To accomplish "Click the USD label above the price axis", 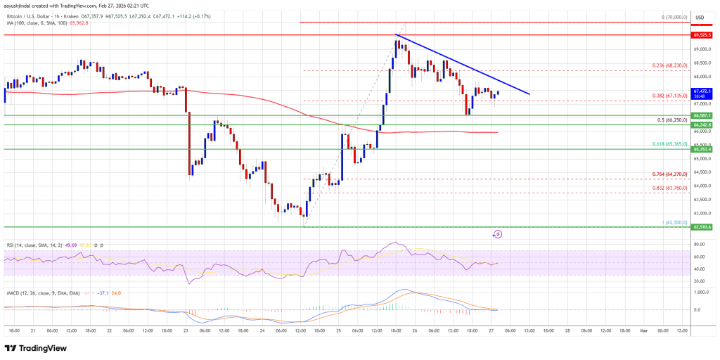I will click(x=700, y=17).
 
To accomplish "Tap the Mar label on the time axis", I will click(x=644, y=330).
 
